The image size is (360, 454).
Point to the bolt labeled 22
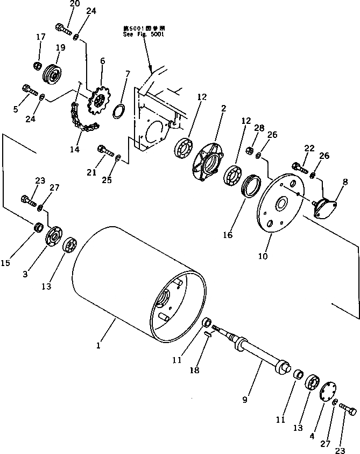coord(298,166)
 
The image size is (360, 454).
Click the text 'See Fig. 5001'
coord(143,34)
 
